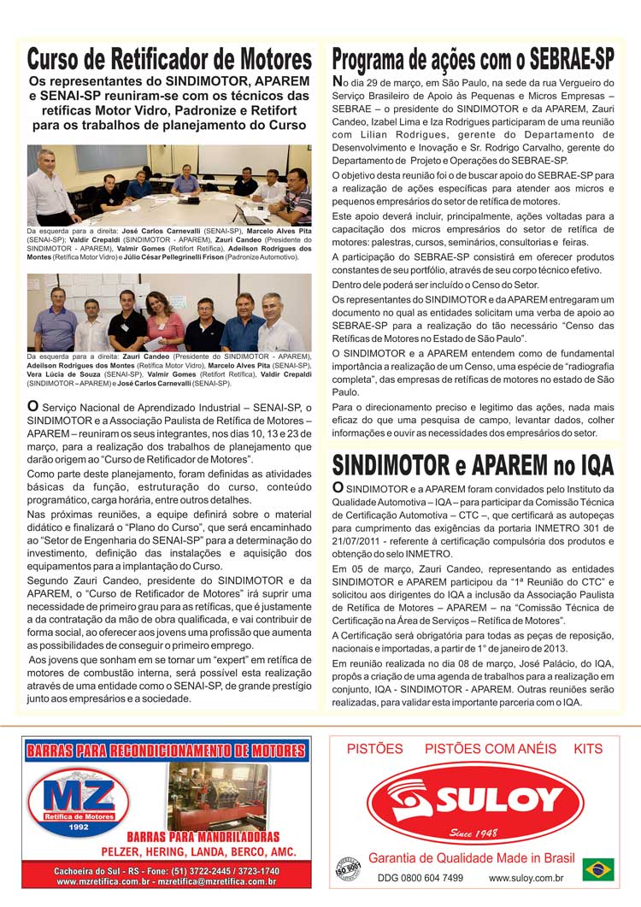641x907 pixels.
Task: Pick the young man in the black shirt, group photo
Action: pos(128,321)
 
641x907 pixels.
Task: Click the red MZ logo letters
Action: pos(78,796)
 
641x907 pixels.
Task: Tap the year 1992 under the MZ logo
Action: pos(78,827)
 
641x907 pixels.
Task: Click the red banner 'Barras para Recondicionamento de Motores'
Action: pos(166,751)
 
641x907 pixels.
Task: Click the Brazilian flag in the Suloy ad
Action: pos(598,869)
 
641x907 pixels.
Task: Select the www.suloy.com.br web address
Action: pos(526,878)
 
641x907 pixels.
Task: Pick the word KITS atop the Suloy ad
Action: pos(588,749)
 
